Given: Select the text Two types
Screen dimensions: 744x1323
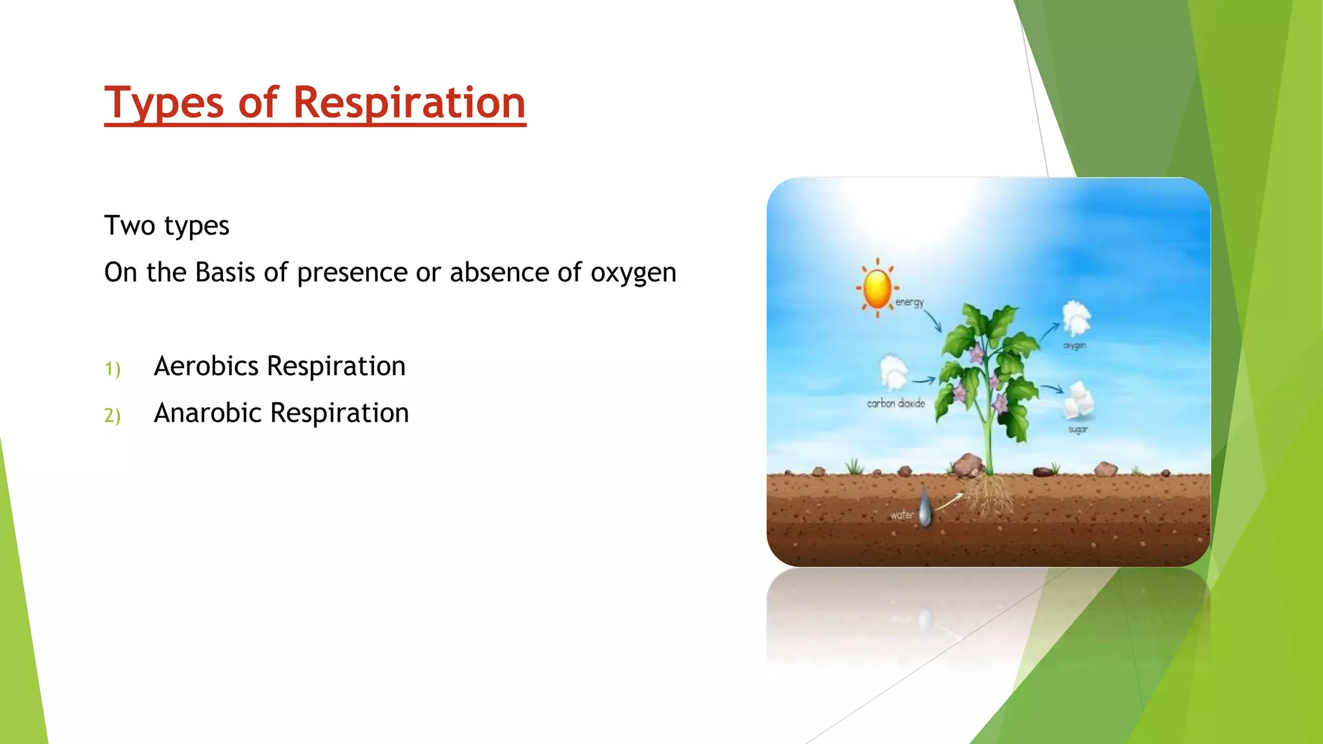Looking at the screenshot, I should [x=167, y=225].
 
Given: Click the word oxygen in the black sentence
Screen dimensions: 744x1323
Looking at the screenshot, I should [x=633, y=273].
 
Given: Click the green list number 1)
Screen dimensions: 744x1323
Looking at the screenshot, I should [x=112, y=369].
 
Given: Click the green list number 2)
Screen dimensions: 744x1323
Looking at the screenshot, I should [x=112, y=415].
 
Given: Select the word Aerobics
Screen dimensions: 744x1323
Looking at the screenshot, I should [x=206, y=366].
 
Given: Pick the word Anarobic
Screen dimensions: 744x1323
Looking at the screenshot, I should [x=207, y=413].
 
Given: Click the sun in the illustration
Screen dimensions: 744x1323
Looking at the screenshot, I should [x=877, y=288].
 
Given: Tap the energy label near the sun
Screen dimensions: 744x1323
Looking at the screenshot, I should [x=909, y=302].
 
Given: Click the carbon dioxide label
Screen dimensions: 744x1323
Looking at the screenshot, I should [x=895, y=404].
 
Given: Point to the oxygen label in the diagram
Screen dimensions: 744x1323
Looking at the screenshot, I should [x=1074, y=346].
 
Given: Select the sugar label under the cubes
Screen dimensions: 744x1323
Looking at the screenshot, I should [x=1078, y=429].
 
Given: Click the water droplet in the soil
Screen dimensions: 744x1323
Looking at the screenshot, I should [x=926, y=507].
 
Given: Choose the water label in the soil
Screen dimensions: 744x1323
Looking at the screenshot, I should [x=902, y=515].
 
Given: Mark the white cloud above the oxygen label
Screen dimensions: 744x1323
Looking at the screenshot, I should [x=1076, y=317].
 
